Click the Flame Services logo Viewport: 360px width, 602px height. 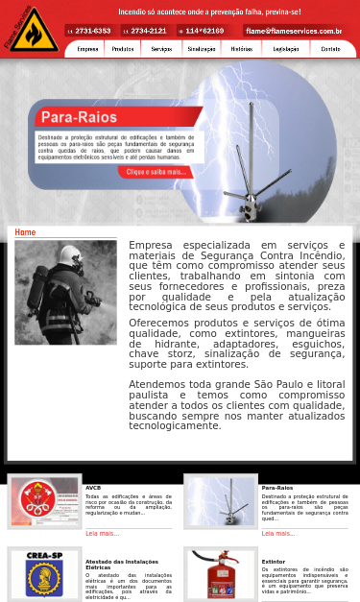pos(31,29)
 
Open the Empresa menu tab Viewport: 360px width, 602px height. pos(87,48)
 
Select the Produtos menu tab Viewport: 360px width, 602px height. pos(123,48)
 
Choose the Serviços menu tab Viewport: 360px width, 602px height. pos(161,48)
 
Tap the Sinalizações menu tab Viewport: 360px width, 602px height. pos(202,48)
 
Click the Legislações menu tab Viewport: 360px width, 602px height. pos(286,48)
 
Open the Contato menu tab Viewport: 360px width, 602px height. pos(330,48)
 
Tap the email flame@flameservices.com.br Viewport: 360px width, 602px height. pos(294,31)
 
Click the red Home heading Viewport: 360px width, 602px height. pos(25,232)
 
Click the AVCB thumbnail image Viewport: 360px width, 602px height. pos(45,501)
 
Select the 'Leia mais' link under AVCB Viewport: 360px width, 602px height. pos(102,533)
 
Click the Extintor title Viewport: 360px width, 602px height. pos(274,562)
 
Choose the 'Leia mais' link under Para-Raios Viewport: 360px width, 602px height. pos(278,533)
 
